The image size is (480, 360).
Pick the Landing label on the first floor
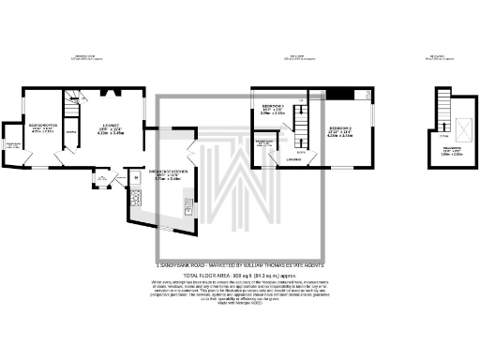pos(295,159)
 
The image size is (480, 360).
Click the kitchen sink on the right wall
pos(187,208)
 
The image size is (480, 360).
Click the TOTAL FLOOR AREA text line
pos(239,276)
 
